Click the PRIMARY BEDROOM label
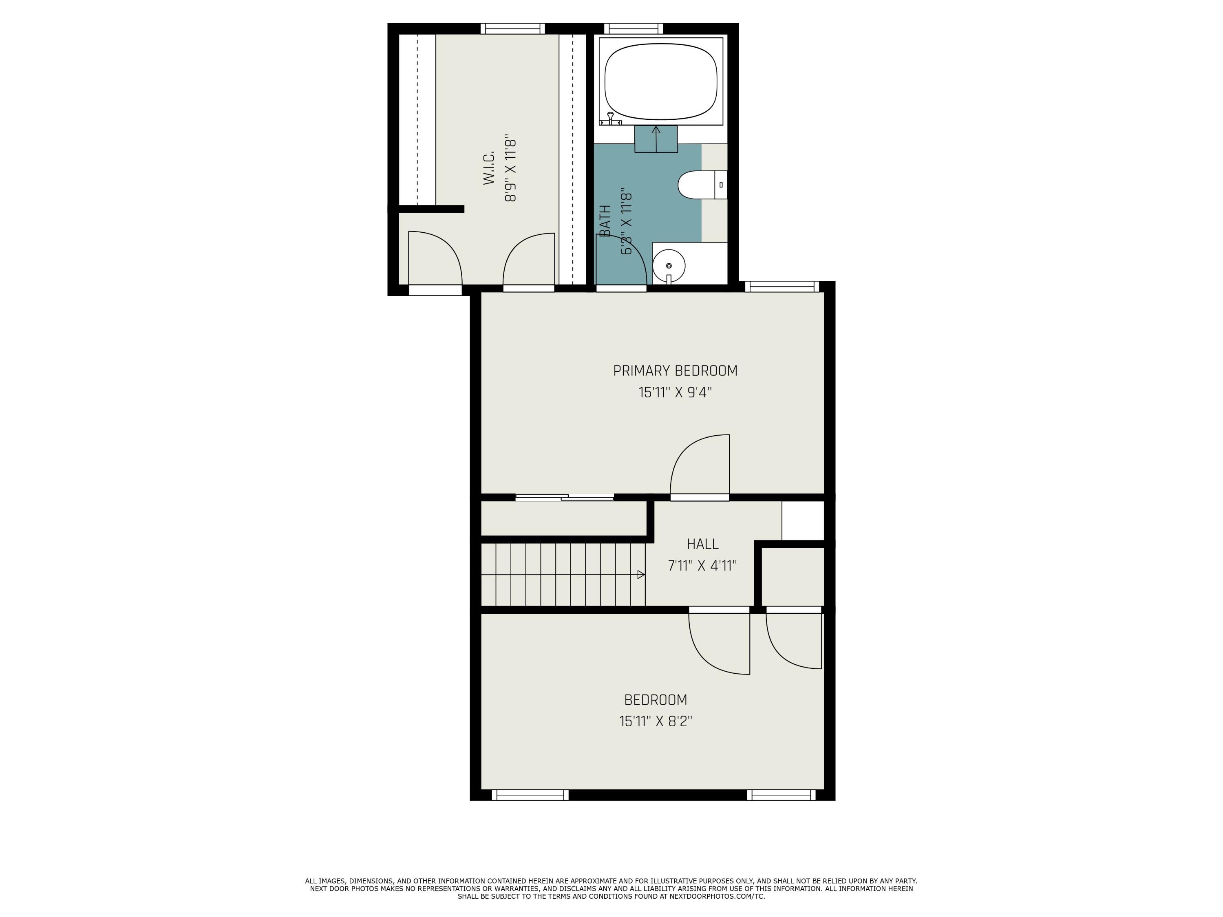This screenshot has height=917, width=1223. point(675,370)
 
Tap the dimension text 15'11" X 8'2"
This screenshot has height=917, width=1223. point(656,721)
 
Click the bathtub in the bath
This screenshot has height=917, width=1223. point(661,81)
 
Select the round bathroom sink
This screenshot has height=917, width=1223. point(669,266)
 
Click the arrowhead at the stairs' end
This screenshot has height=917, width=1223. point(641,575)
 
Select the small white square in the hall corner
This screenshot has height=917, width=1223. point(803,520)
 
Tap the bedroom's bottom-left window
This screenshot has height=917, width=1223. point(530,795)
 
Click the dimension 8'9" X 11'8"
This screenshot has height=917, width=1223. point(511,170)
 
